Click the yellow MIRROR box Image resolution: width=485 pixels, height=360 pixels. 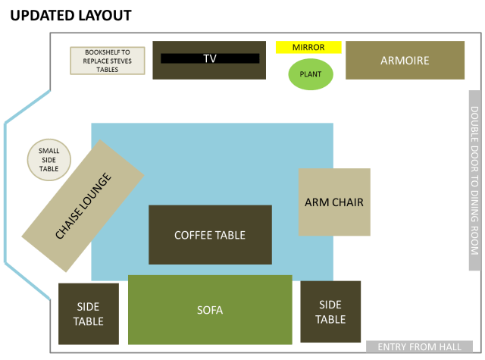(308, 47)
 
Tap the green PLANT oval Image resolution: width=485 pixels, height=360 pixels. (310, 74)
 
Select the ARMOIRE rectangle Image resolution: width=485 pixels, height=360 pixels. (405, 61)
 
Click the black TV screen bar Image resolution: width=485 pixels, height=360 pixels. (210, 58)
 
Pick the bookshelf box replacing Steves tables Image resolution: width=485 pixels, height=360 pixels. (107, 61)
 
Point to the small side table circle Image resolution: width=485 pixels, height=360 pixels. (49, 159)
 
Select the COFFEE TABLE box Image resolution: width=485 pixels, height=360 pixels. (210, 235)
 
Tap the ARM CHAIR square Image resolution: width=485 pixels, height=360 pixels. (334, 202)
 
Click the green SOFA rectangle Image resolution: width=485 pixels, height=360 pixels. (210, 309)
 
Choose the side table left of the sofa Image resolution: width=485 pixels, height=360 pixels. (89, 313)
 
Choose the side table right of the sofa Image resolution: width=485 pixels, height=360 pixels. (330, 311)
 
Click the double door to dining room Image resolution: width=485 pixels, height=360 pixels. (474, 180)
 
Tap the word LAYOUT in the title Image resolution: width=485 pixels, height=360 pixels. (105, 15)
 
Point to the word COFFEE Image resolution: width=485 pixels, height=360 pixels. (192, 235)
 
